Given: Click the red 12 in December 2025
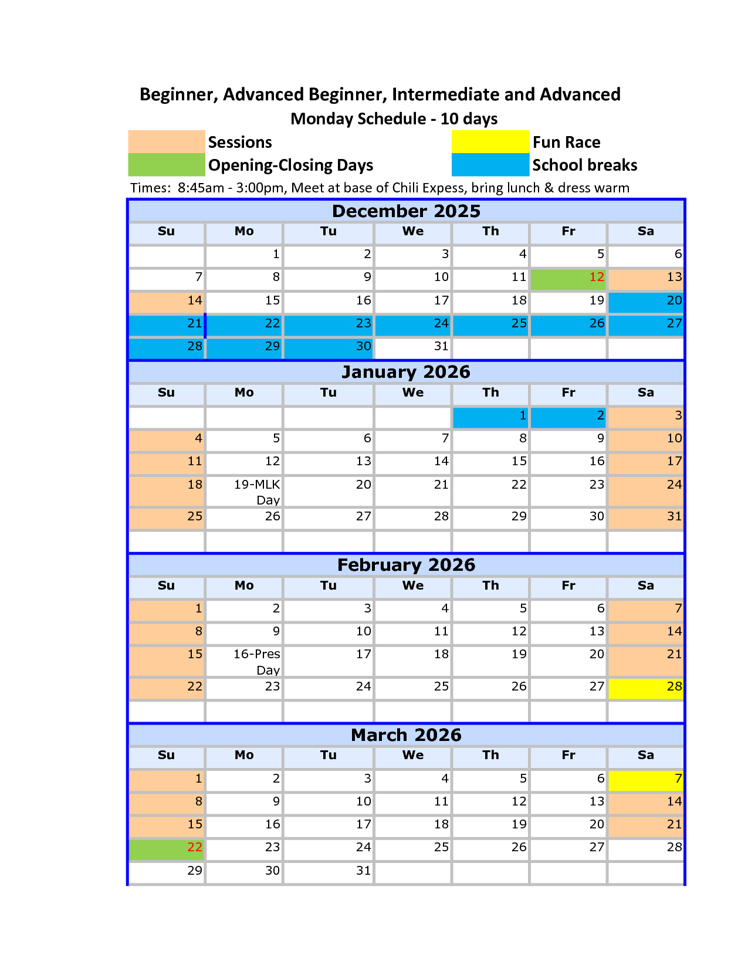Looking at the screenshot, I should click(x=597, y=277).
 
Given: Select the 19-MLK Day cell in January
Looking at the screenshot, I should click(x=244, y=492).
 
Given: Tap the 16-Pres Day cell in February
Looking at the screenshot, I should click(x=244, y=662).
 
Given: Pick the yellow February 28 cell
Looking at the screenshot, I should click(x=646, y=687).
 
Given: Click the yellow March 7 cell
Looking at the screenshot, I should click(x=646, y=779).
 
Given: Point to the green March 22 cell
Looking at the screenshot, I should click(x=167, y=848).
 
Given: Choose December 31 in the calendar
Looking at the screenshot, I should click(x=413, y=347).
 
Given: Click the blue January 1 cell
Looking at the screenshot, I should click(x=490, y=416).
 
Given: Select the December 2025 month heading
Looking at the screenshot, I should click(x=406, y=211).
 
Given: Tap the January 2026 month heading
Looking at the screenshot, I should click(x=406, y=372).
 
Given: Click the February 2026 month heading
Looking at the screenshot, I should click(x=406, y=565).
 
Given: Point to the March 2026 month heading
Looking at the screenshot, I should click(x=406, y=735).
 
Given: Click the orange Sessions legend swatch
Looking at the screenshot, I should click(x=167, y=141).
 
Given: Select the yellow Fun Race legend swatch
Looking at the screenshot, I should click(x=490, y=141).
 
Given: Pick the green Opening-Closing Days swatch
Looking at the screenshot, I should click(x=167, y=165).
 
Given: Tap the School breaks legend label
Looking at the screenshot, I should click(x=584, y=165).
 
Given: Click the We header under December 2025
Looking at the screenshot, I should click(x=413, y=232).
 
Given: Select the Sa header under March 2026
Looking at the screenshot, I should click(x=646, y=756).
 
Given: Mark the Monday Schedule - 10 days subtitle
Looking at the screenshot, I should click(x=394, y=119).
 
